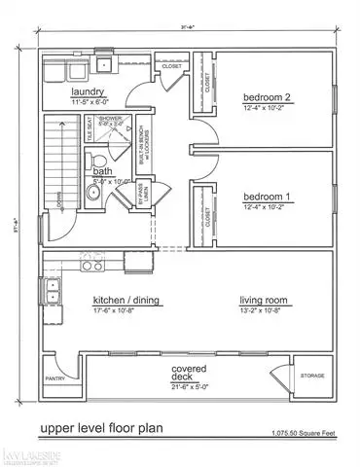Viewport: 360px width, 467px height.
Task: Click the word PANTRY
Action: tap(54, 380)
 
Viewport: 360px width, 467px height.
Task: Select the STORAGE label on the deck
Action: tap(311, 374)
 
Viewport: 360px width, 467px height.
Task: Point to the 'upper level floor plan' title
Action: tap(102, 426)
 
